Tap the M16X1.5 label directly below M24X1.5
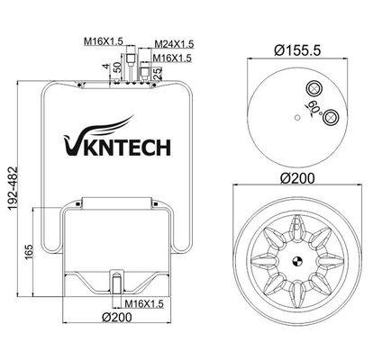(x=171, y=58)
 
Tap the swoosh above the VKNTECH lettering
(x=101, y=127)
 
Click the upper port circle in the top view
(x=315, y=88)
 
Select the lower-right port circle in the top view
(x=331, y=115)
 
